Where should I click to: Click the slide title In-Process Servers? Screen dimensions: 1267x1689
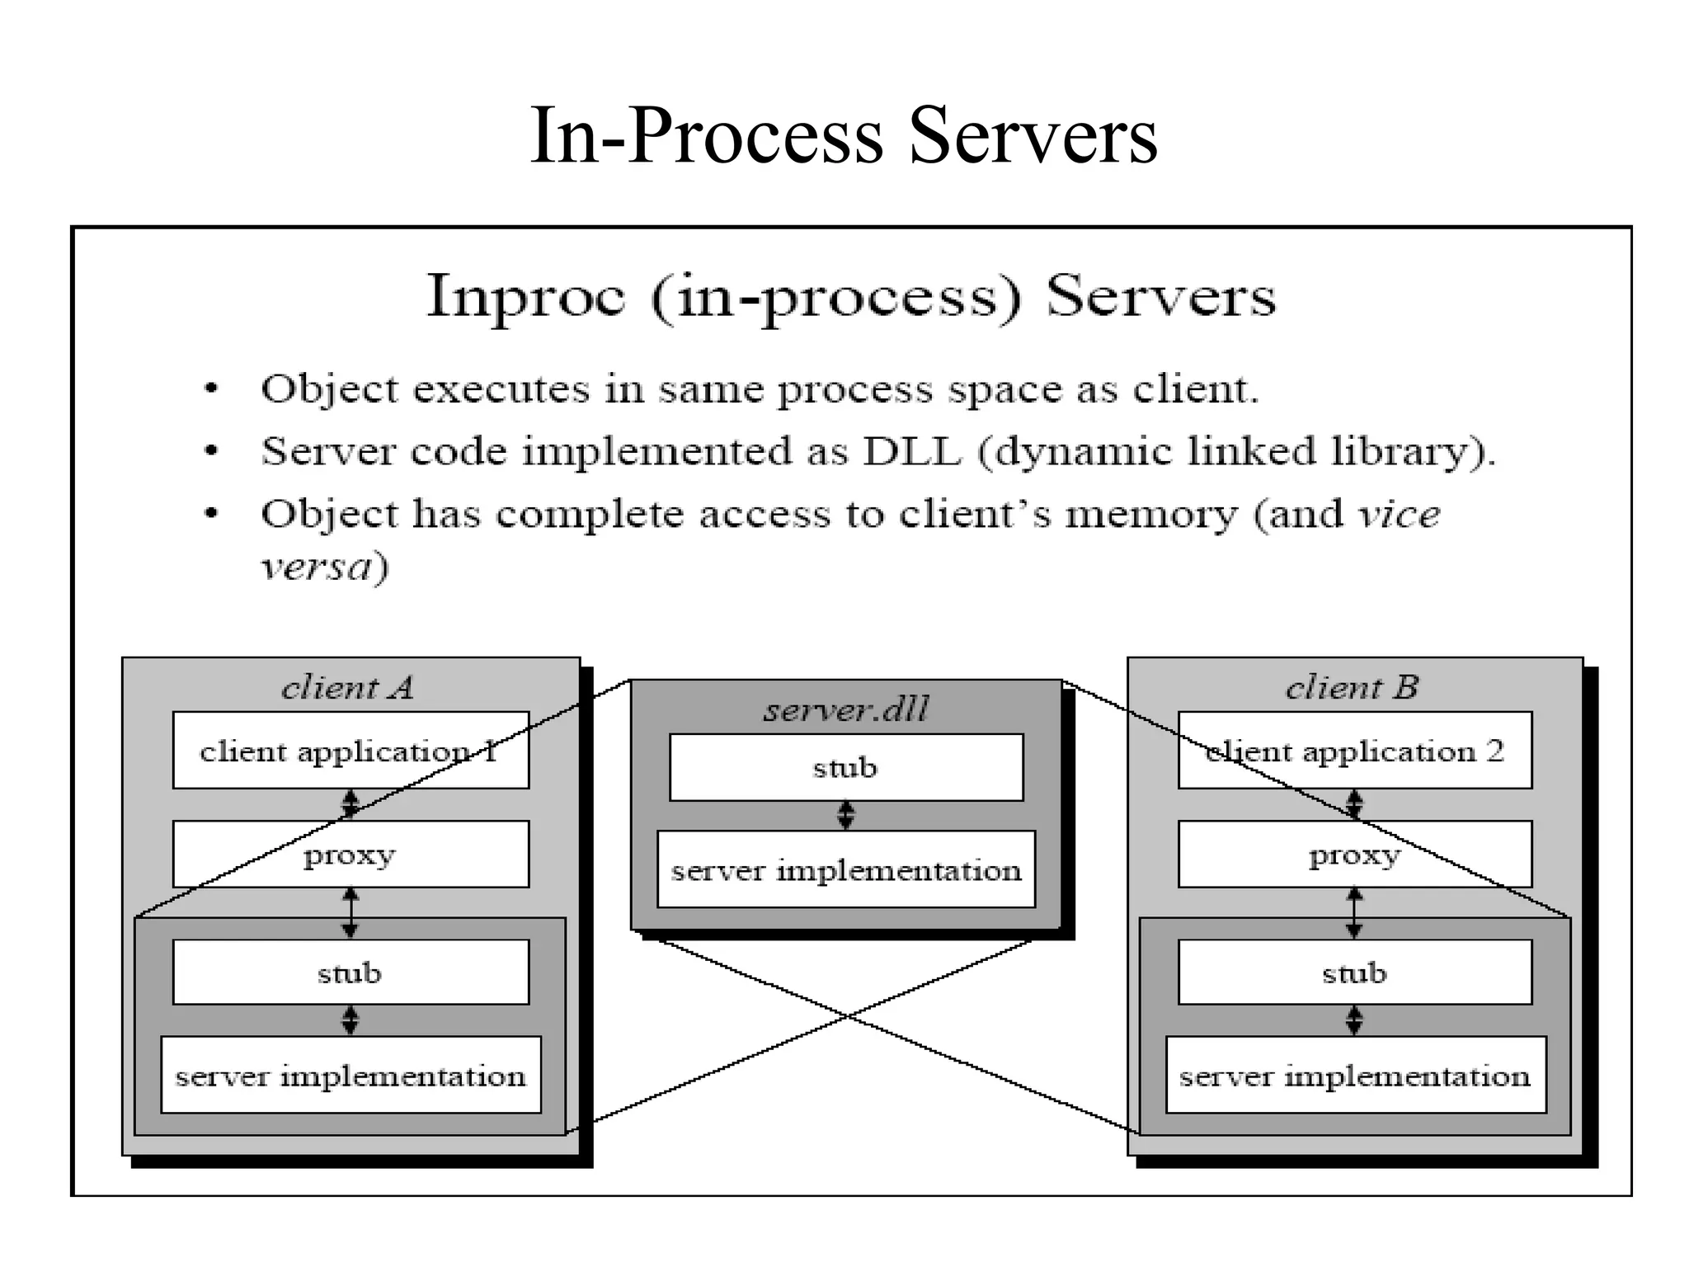[844, 136]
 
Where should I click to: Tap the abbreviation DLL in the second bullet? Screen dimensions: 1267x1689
[911, 451]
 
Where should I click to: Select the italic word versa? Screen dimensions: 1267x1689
[317, 567]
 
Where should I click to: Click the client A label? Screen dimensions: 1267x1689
[347, 687]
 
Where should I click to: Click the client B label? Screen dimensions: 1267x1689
[1352, 687]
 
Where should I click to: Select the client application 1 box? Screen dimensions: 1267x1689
[351, 751]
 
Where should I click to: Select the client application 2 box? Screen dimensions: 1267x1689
[1355, 751]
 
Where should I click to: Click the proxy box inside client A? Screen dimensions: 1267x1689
[351, 855]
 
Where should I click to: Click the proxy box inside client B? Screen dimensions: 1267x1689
[1355, 855]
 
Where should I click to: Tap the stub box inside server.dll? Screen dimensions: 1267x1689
[846, 768]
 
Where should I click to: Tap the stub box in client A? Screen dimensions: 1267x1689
[351, 973]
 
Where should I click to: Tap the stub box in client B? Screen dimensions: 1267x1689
[1355, 973]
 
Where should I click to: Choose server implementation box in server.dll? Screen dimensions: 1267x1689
[846, 870]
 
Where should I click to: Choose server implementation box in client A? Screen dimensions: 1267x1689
[351, 1076]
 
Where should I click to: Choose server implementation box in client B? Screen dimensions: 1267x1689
[1355, 1076]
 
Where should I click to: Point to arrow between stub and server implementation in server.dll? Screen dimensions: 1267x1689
[846, 816]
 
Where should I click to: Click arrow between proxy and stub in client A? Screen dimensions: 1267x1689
[351, 913]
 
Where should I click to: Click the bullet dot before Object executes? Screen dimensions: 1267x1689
[212, 389]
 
